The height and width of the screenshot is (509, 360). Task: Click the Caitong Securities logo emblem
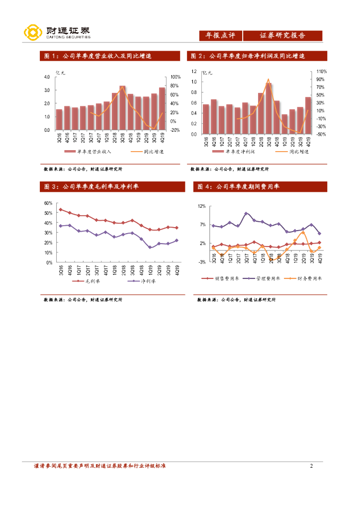pyautogui.click(x=33, y=33)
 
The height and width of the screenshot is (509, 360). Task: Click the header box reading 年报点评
pyautogui.click(x=220, y=36)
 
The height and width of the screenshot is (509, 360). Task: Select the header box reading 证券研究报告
pyautogui.click(x=282, y=36)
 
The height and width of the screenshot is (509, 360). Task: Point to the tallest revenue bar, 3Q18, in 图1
pyautogui.click(x=122, y=107)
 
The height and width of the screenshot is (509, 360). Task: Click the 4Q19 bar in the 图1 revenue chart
pyautogui.click(x=162, y=108)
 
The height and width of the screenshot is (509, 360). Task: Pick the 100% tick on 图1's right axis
pyautogui.click(x=176, y=77)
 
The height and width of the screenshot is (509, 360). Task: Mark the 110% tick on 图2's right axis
pyautogui.click(x=321, y=72)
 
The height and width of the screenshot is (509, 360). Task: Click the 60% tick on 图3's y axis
pyautogui.click(x=48, y=203)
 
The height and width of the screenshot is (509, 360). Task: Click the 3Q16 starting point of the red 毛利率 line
pyautogui.click(x=61, y=209)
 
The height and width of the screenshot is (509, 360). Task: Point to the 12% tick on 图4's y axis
pyautogui.click(x=201, y=206)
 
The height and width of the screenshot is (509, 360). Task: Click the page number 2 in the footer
pyautogui.click(x=311, y=466)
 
